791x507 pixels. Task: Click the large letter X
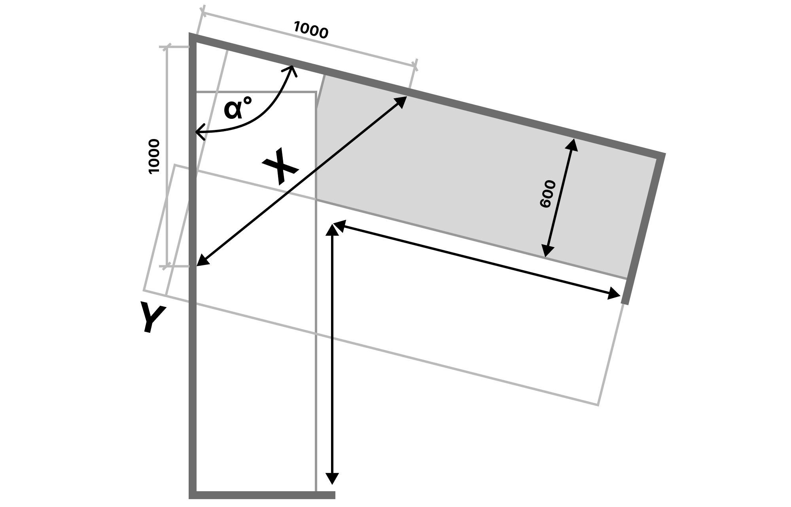[280, 167]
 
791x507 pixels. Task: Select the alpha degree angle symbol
[237, 109]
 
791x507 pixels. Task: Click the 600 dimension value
[548, 194]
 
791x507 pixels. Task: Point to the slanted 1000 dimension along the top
[311, 30]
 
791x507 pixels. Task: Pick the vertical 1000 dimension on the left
[154, 156]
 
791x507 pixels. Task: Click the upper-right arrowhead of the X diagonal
[402, 101]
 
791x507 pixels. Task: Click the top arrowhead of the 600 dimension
[573, 143]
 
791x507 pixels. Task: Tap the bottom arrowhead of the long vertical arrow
[332, 479]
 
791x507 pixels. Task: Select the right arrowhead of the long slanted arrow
[615, 294]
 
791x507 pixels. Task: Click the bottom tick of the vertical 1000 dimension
[167, 266]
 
